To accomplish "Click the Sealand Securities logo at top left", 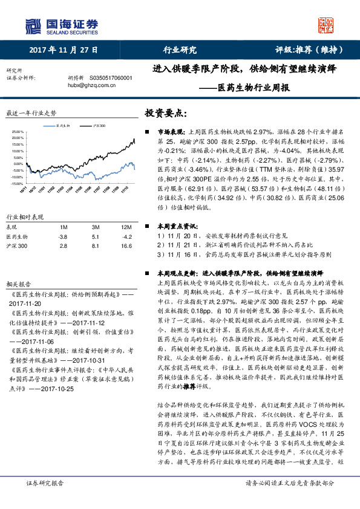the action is (x=61, y=25).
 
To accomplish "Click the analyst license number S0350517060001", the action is (x=115, y=79).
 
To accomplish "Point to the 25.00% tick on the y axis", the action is (x=18, y=132).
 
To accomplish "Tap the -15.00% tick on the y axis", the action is (x=17, y=183).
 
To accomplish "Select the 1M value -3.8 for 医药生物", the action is (x=62, y=237).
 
